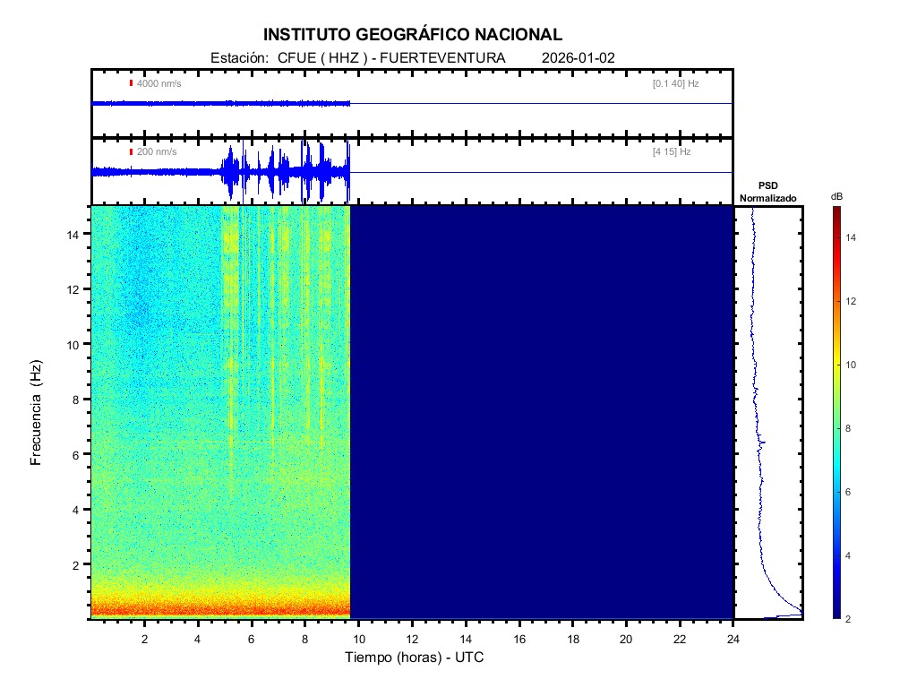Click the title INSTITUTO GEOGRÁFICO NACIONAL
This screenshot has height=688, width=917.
(413, 35)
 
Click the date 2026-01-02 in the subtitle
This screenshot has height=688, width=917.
(578, 58)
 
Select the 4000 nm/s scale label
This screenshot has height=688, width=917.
(157, 83)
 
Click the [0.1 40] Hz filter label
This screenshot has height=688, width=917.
(675, 83)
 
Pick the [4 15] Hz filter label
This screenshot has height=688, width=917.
(672, 152)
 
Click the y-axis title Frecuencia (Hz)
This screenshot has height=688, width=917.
(37, 413)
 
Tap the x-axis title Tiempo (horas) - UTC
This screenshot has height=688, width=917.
(415, 658)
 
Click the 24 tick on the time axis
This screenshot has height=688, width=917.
(733, 639)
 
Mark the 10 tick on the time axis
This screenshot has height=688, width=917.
(358, 639)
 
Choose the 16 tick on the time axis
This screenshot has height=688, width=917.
(519, 639)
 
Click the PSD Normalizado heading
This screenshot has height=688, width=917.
(767, 192)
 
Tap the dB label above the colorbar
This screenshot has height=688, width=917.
(836, 196)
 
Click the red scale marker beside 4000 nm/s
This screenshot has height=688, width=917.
(131, 83)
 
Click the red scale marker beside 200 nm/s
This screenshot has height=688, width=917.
(131, 152)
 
